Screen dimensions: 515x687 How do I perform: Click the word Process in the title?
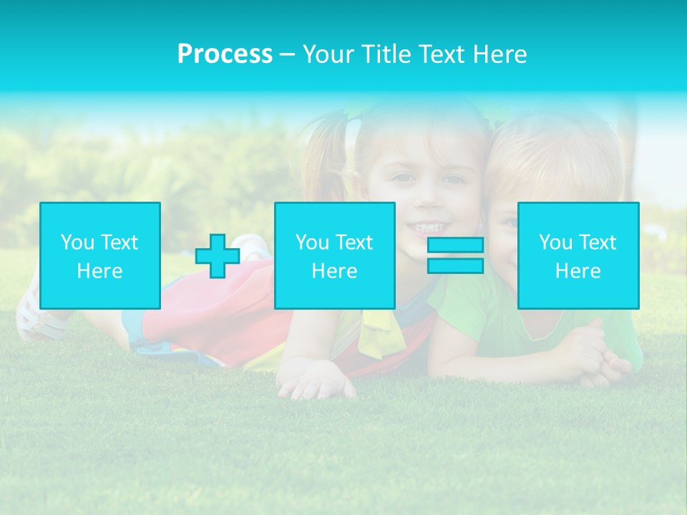pyautogui.click(x=225, y=54)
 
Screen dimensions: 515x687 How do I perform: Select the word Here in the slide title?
pyautogui.click(x=500, y=54)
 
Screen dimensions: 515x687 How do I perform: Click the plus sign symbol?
pyautogui.click(x=218, y=256)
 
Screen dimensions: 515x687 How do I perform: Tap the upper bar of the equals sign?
pyautogui.click(x=455, y=245)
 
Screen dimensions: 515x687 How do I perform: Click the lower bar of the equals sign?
pyautogui.click(x=455, y=265)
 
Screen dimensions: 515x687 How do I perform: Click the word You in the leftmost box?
pyautogui.click(x=77, y=242)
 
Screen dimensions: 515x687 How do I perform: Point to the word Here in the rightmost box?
pyautogui.click(x=578, y=271)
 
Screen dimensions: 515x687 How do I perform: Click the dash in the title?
pyautogui.click(x=287, y=55)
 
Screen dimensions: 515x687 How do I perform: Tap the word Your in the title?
pyautogui.click(x=326, y=54)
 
